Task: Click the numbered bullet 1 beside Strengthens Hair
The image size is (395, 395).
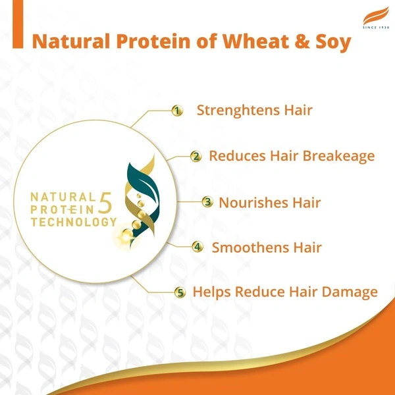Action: (176, 111)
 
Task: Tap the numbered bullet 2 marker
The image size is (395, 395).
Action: (196, 156)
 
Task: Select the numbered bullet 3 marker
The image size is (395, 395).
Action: (207, 202)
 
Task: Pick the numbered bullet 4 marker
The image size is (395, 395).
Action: (197, 248)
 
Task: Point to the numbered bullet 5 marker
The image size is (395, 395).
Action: (179, 292)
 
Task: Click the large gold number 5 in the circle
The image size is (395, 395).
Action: (106, 203)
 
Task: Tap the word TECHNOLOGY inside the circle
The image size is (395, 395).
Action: (72, 222)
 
